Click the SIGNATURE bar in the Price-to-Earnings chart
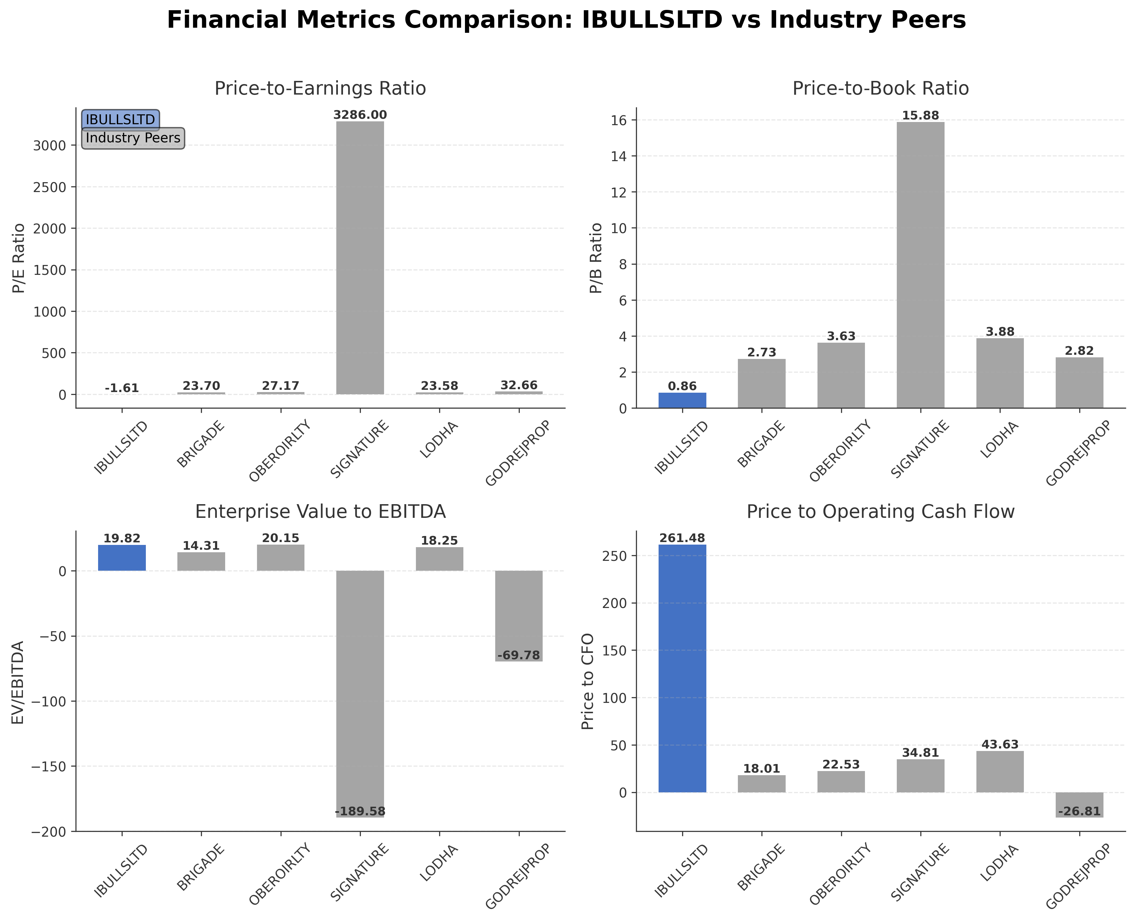point(360,258)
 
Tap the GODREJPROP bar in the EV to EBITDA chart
point(519,616)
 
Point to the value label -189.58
point(360,811)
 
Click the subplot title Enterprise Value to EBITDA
point(320,511)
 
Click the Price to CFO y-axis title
point(588,682)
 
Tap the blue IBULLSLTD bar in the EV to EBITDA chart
point(122,558)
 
